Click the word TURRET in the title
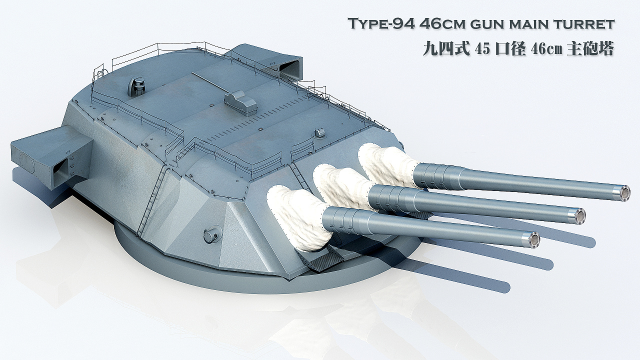pyautogui.click(x=584, y=24)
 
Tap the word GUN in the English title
pyautogui.click(x=488, y=24)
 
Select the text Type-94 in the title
pyautogui.click(x=381, y=24)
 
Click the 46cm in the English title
pyautogui.click(x=442, y=24)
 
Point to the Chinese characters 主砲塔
pyautogui.click(x=590, y=49)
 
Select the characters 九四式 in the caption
pyautogui.click(x=446, y=49)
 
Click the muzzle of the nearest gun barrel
pyautogui.click(x=533, y=240)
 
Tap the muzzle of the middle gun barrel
pyautogui.click(x=579, y=216)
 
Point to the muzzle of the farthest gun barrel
pyautogui.click(x=624, y=193)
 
